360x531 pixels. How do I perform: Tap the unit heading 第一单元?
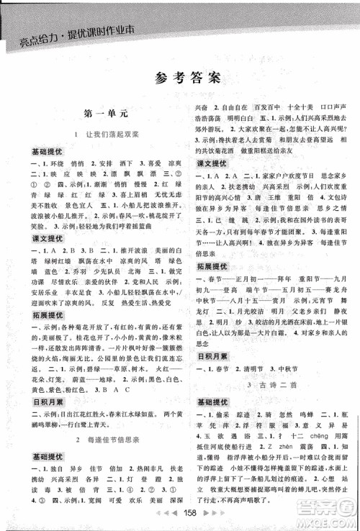(x=105, y=114)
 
